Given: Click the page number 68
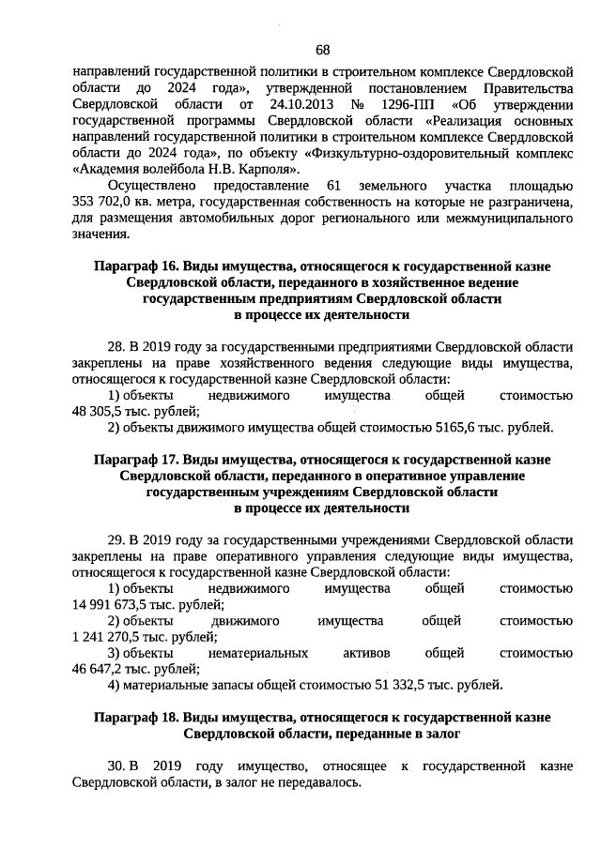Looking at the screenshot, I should point(322,50).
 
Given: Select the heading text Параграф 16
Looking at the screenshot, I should point(136,267).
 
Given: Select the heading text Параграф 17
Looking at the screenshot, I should point(136,460).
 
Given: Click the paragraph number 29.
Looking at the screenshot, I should point(116,539).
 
